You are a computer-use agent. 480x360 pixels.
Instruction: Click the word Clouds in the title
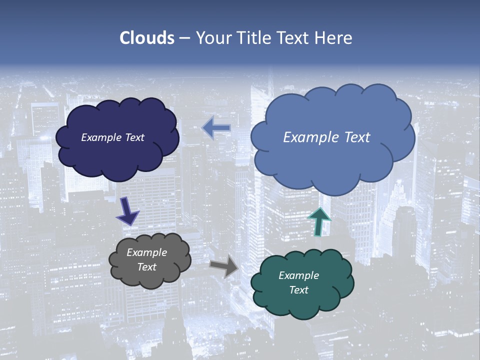click(147, 38)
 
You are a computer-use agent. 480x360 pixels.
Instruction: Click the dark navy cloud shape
click(117, 155)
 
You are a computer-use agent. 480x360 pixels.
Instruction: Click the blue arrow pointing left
click(216, 128)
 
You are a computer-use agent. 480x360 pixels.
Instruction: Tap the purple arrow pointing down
click(127, 210)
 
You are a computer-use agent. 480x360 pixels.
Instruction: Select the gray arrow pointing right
click(224, 265)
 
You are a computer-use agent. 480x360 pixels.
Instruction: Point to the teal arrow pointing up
click(319, 221)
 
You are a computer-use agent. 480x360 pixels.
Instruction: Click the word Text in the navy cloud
click(134, 137)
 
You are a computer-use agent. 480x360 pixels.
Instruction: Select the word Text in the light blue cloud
click(356, 137)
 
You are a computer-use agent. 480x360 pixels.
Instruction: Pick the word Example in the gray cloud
click(146, 252)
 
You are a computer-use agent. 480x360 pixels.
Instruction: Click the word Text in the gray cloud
click(146, 267)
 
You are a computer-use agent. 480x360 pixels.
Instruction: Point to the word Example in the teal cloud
click(298, 275)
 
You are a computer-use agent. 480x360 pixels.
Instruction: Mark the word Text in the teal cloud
click(298, 290)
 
